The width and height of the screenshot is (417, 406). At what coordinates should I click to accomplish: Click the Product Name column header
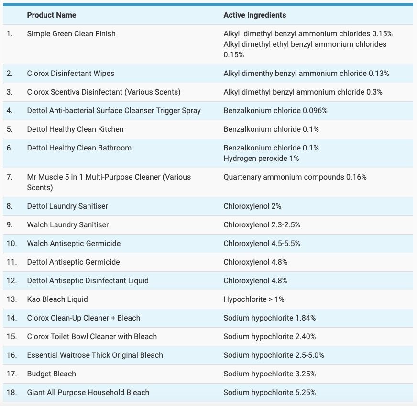coord(51,15)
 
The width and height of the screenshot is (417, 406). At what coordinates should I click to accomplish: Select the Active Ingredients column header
coord(254,15)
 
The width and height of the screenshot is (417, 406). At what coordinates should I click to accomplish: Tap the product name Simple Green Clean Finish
coord(71,34)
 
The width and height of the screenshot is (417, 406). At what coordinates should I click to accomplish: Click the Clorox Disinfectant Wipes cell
coord(70,74)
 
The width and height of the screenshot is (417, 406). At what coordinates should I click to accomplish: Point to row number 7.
coord(10,177)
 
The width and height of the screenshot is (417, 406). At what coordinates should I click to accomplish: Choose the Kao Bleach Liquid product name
coord(57,299)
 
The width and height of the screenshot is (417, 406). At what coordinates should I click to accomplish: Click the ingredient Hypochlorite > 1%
coord(254,299)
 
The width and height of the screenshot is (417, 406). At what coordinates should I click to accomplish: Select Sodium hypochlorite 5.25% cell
coord(269,393)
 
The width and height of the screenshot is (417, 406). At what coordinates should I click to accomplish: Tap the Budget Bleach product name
coord(51,374)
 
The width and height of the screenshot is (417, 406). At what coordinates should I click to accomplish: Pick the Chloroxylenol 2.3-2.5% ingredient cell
coord(262,225)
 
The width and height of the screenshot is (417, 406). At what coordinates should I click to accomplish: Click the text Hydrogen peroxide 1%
coord(261,159)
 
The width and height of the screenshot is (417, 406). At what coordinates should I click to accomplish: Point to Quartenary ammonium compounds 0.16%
coord(295,177)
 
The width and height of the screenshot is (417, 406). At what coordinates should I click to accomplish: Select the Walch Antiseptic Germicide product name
coord(74,244)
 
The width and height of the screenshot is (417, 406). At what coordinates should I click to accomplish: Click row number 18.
coord(11,393)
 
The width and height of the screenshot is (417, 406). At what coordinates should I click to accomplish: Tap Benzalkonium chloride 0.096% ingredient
coord(275,111)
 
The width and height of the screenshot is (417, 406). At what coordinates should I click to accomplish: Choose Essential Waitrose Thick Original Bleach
coord(95,355)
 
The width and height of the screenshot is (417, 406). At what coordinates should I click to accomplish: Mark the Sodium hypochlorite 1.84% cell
coord(269,318)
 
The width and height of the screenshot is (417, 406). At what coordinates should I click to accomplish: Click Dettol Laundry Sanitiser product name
coord(67,206)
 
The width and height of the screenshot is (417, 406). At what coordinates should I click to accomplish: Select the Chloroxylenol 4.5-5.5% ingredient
coord(262,244)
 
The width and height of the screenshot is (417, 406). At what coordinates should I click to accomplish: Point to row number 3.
coord(10,92)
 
